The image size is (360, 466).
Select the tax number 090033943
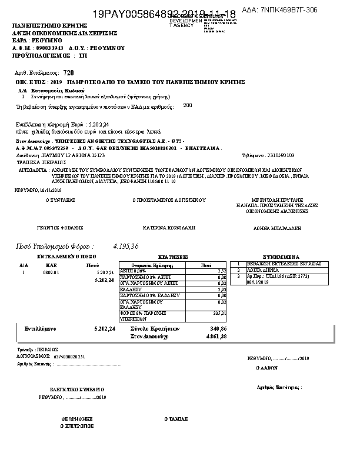pyautogui.click(x=48, y=47)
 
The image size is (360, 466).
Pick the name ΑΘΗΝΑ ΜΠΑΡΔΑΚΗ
pyautogui.click(x=277, y=227)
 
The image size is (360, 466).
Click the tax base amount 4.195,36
pyautogui.click(x=126, y=246)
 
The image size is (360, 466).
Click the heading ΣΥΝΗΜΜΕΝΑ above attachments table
pyautogui.click(x=281, y=257)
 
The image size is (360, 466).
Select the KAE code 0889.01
pyautogui.click(x=52, y=273)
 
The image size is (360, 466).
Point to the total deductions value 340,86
pyautogui.click(x=218, y=328)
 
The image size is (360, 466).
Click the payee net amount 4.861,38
pyautogui.click(x=217, y=336)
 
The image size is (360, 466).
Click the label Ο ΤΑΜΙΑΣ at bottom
pyautogui.click(x=176, y=419)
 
